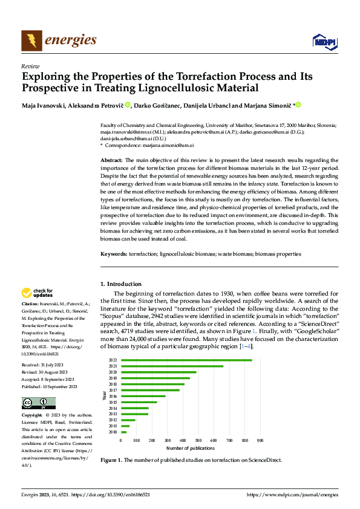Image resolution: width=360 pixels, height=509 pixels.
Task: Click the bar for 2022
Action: click(x=186, y=360)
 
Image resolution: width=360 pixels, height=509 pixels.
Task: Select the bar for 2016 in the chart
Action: click(x=143, y=396)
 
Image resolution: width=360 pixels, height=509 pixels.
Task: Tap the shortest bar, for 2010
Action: click(x=124, y=432)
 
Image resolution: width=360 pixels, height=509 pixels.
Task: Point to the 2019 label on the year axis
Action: click(x=113, y=378)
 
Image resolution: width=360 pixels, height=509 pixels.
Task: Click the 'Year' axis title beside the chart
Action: click(x=104, y=397)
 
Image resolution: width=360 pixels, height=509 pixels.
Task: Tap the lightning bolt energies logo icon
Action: click(x=31, y=41)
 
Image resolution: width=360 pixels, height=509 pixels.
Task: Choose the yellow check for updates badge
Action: click(x=38, y=294)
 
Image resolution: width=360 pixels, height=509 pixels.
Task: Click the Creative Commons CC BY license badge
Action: click(x=38, y=403)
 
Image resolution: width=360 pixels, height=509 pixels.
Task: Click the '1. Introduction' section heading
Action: click(x=121, y=284)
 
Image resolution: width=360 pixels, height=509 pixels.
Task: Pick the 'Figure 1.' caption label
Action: click(x=111, y=460)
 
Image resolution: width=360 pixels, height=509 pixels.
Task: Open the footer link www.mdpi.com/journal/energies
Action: click(x=293, y=494)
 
